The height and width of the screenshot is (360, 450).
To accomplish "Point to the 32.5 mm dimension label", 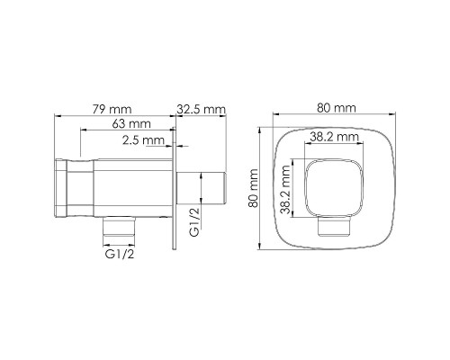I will tap(201, 109).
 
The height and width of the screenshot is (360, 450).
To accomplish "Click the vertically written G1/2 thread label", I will tap(193, 220).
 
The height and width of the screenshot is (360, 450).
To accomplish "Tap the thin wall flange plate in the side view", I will tap(175, 191).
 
